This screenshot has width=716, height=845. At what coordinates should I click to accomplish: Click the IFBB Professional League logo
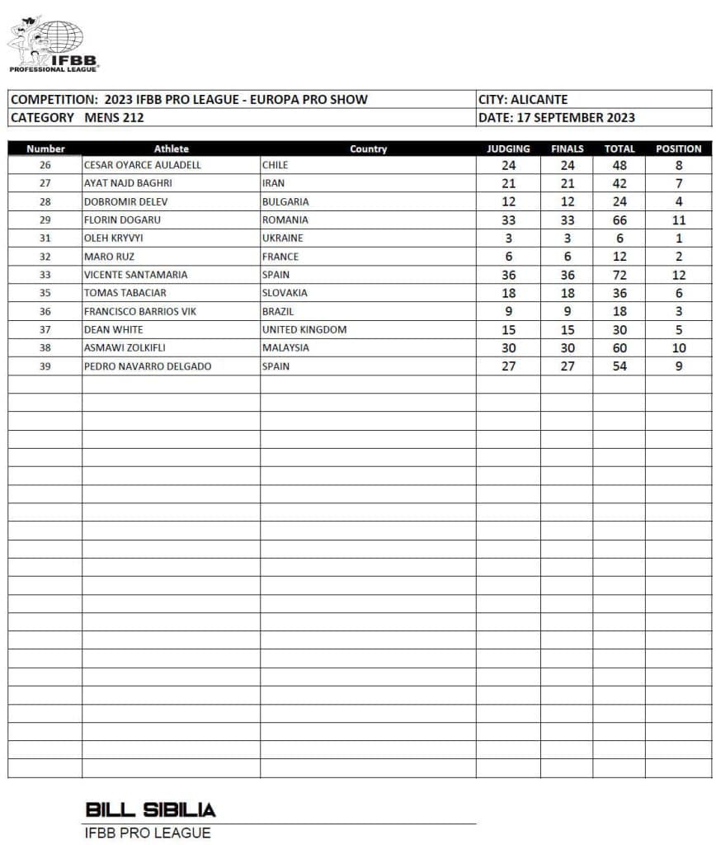tap(53, 42)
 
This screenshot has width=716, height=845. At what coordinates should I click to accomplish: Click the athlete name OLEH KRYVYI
tap(113, 238)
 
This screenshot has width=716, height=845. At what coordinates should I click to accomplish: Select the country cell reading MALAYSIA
tap(285, 347)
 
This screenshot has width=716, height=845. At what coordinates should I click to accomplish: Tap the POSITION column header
tap(678, 149)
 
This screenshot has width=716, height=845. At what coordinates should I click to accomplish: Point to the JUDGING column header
tap(508, 149)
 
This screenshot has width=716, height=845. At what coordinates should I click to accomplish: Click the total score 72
tap(619, 275)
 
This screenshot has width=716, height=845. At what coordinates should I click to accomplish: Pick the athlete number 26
tap(45, 165)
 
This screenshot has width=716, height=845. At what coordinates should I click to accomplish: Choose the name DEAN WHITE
tap(112, 329)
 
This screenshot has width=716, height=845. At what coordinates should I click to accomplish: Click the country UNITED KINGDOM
tap(304, 329)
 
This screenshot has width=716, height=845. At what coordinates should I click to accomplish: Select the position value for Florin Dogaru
tap(678, 220)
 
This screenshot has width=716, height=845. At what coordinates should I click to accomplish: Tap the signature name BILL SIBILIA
tap(150, 810)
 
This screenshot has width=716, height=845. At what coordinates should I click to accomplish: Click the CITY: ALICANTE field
tap(523, 100)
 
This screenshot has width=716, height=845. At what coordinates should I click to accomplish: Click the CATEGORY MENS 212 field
tap(78, 117)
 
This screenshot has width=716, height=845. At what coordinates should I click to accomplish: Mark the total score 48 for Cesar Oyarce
tap(619, 165)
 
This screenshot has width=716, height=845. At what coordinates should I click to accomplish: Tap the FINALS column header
tap(567, 149)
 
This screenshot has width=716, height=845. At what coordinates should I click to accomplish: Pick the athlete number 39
tap(45, 366)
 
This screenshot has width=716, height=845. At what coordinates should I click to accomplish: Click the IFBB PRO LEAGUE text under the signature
tap(148, 833)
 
